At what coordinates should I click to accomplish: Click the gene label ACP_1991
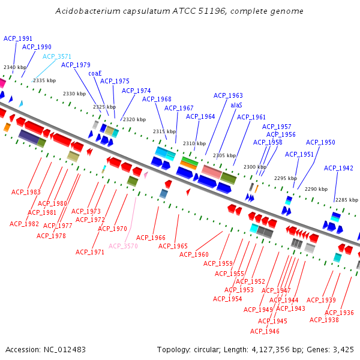(x=18, y=38)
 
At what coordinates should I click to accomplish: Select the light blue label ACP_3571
(x=57, y=56)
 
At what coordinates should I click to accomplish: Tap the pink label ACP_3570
(x=123, y=246)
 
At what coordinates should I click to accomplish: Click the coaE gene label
(x=95, y=73)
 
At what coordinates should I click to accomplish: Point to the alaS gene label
(x=236, y=105)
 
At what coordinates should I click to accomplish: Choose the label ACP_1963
(x=228, y=95)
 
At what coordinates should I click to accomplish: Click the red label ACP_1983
(x=26, y=192)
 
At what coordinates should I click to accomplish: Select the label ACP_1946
(x=265, y=331)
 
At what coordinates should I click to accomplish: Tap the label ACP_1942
(x=338, y=168)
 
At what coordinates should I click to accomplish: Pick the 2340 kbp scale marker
(x=15, y=68)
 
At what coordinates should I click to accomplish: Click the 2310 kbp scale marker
(x=194, y=143)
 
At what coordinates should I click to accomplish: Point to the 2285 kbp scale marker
(x=347, y=200)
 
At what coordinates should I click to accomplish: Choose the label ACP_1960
(x=194, y=254)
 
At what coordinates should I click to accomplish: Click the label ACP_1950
(x=320, y=142)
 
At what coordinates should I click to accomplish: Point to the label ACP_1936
(x=339, y=313)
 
